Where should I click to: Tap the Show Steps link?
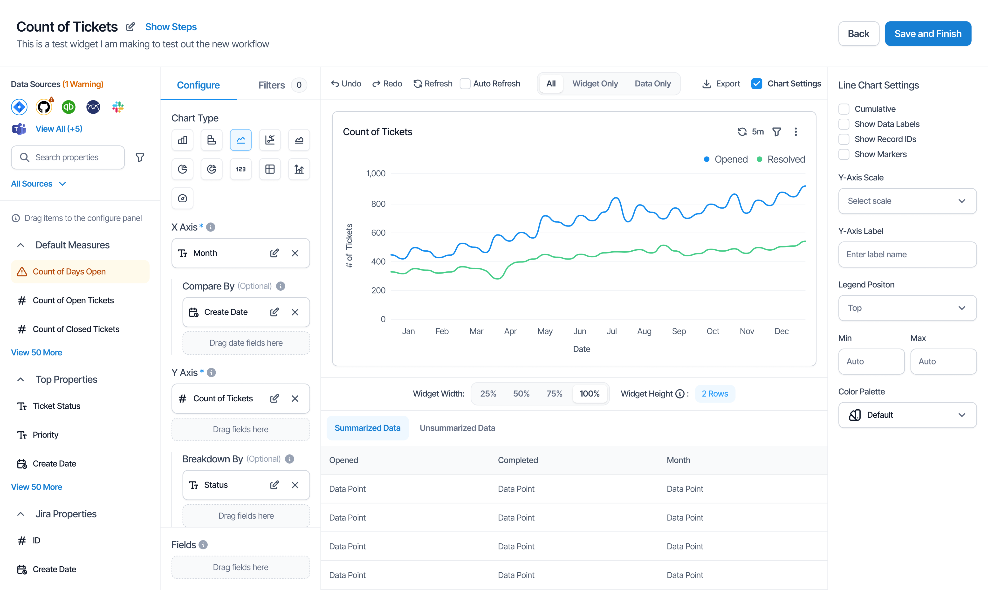coord(171,27)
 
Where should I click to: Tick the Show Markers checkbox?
coord(844,154)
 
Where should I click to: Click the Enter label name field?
coord(907,254)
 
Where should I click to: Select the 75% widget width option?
coord(554,394)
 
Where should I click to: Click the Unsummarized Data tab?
coord(457,428)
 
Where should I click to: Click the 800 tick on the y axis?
coord(378,204)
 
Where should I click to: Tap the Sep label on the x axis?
coord(679,331)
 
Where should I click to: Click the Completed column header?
coord(518,460)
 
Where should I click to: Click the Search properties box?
coord(68,158)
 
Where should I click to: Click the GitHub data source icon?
coord(44,107)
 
